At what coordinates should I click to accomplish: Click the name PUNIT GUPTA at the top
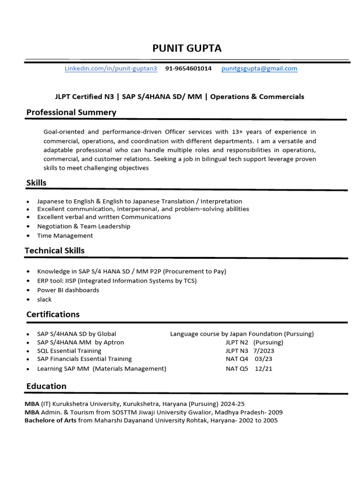click(187, 48)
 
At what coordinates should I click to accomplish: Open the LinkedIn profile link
click(111, 68)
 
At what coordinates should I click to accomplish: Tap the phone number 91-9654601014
click(188, 68)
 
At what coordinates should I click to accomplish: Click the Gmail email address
click(259, 68)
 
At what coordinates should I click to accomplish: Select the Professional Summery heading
click(71, 112)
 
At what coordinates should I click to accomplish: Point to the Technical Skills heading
click(54, 251)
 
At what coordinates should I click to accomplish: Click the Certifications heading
click(53, 315)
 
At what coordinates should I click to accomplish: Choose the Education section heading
click(46, 386)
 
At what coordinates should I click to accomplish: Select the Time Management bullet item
click(65, 236)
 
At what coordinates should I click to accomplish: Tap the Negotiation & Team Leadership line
click(84, 226)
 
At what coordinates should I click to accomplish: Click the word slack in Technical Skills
click(45, 300)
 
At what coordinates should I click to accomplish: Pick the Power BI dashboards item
click(68, 290)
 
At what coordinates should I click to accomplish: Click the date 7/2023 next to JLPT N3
click(264, 351)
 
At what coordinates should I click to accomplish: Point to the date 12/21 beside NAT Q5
click(263, 368)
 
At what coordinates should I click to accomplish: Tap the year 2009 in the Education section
click(275, 412)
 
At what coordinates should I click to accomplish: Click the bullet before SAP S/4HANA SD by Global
click(29, 334)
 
